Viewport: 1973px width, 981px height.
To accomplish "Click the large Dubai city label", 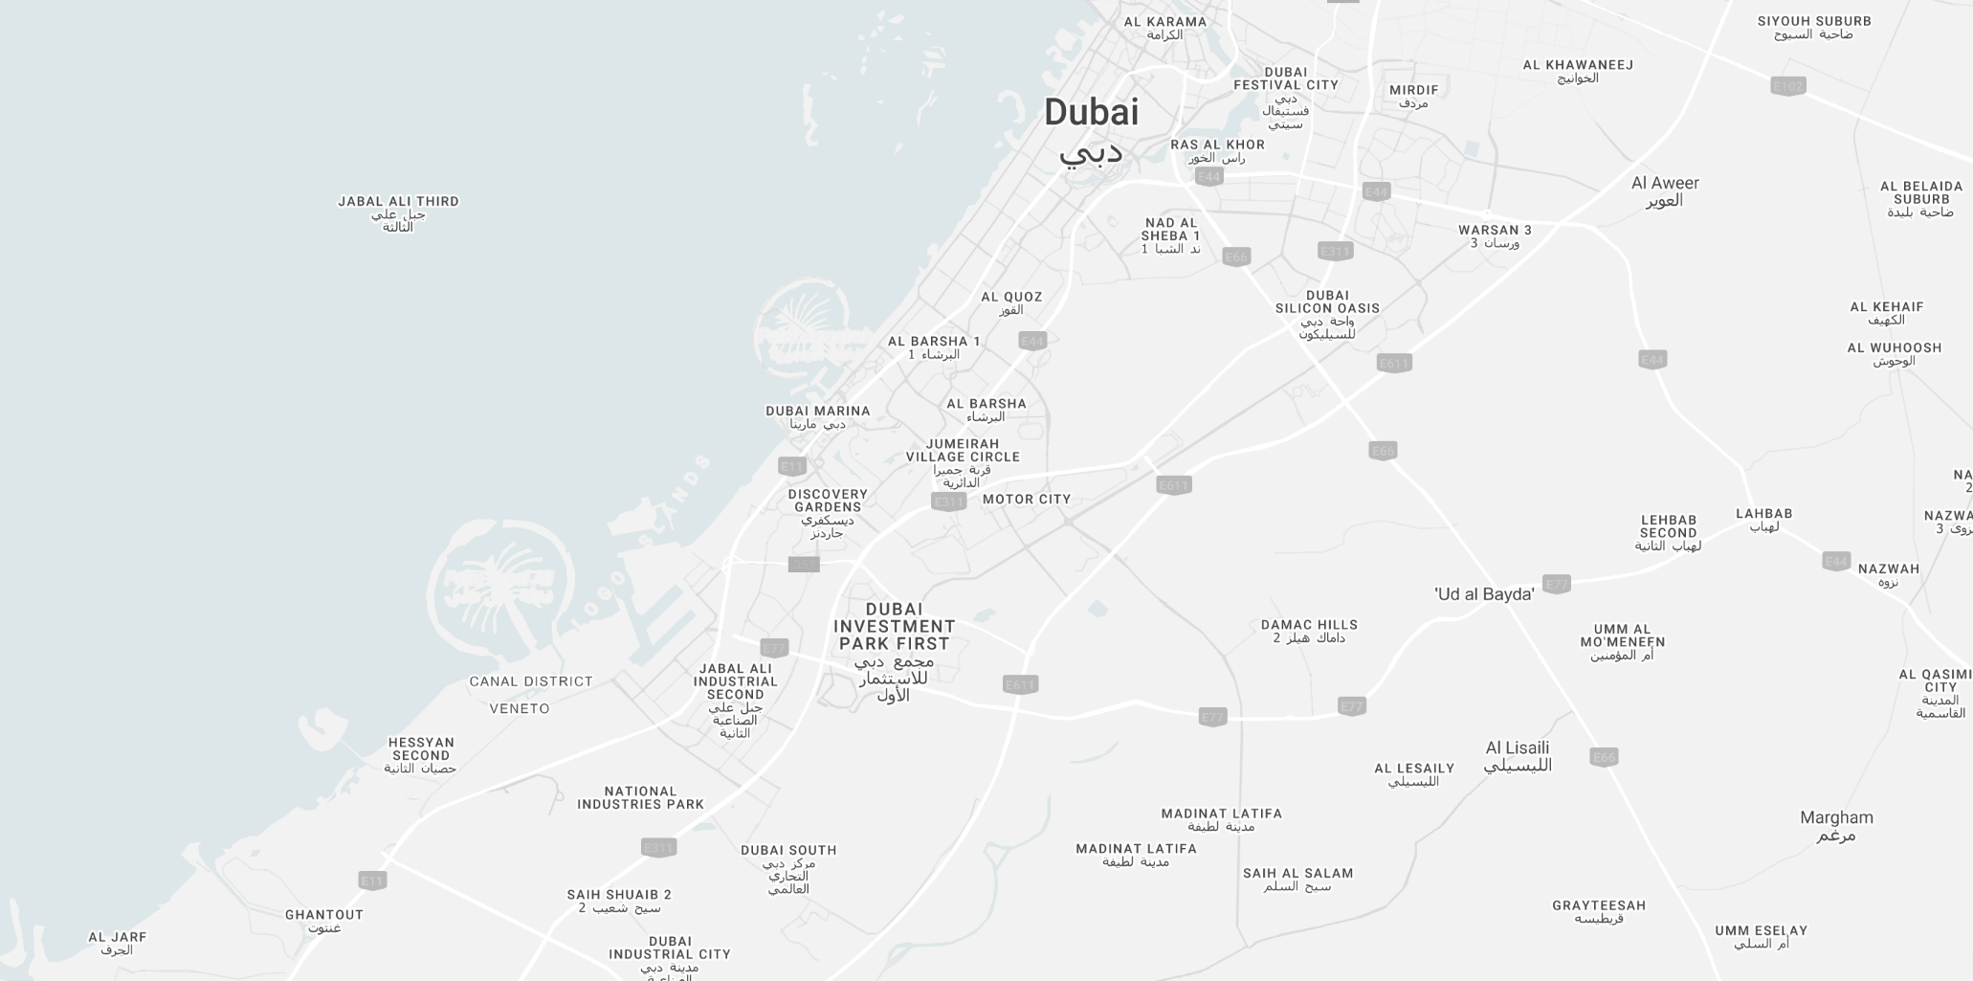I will point(1091,113).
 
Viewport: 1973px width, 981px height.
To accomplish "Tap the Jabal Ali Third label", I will point(398,202).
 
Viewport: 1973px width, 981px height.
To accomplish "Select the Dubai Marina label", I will point(818,412).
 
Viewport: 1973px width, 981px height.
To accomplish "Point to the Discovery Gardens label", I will point(828,501).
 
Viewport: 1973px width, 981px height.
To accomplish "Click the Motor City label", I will point(1027,499).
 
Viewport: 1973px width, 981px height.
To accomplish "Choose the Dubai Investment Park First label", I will point(894,627).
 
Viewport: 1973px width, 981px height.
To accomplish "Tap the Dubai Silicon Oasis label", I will point(1327,301).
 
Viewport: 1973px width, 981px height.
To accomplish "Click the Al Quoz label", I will point(1011,297).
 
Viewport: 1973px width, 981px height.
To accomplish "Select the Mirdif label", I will point(1413,90).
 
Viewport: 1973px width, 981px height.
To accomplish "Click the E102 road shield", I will point(1787,86).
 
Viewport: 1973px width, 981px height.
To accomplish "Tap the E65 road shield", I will point(1383,450).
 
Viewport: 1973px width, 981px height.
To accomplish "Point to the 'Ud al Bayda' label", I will point(1484,594).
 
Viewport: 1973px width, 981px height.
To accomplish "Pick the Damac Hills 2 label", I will point(1309,625).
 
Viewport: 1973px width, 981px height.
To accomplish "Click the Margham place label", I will point(1836,818).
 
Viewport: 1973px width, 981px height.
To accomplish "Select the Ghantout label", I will point(324,915).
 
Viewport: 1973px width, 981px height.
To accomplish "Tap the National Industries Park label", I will point(640,798).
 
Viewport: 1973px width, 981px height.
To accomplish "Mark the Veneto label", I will point(520,709).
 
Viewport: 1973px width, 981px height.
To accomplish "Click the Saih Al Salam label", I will point(1297,873).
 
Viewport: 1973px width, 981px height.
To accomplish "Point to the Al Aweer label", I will point(1665,184).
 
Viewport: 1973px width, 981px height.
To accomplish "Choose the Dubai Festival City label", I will point(1285,78).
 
